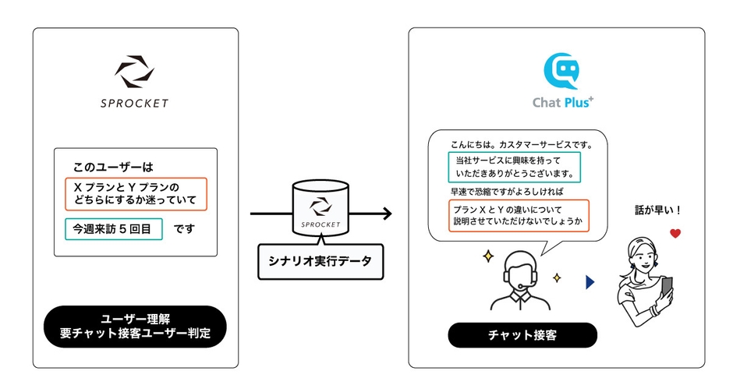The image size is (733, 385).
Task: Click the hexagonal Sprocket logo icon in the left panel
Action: [x=136, y=72]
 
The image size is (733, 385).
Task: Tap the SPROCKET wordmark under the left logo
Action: [x=136, y=103]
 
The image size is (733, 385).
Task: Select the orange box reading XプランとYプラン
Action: [x=136, y=194]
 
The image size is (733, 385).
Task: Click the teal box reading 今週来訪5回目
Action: [x=114, y=229]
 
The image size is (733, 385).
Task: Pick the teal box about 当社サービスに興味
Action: [x=515, y=167]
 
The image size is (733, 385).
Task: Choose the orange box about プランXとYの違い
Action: [x=519, y=215]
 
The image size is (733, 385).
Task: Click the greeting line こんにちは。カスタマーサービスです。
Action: [x=521, y=145]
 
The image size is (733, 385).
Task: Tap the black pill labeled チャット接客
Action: [x=522, y=335]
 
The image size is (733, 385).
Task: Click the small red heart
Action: [x=675, y=233]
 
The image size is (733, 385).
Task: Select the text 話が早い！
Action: [x=659, y=210]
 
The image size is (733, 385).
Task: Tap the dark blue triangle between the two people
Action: [x=590, y=282]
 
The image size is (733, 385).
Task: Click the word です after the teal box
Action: [x=184, y=229]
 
